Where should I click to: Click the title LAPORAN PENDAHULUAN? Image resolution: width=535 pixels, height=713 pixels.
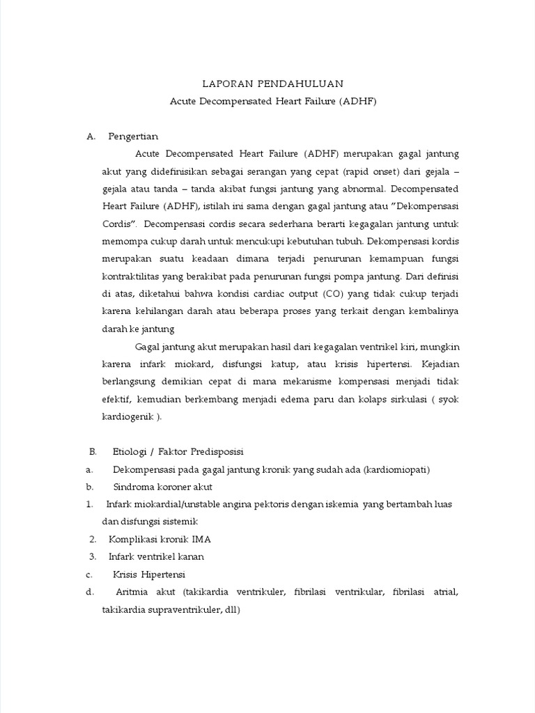(x=273, y=84)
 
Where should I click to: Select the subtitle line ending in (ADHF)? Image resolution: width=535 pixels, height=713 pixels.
(x=273, y=101)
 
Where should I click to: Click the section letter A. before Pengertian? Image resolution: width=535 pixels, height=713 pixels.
(x=91, y=136)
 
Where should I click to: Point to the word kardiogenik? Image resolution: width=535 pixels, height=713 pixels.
(x=127, y=416)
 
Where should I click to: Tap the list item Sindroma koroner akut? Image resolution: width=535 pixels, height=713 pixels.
(x=163, y=487)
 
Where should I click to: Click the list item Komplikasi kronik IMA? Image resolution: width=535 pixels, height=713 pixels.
(x=160, y=539)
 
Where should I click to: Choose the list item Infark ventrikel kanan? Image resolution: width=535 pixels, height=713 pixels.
(x=156, y=556)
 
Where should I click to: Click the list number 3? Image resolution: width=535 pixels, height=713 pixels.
(x=92, y=556)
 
